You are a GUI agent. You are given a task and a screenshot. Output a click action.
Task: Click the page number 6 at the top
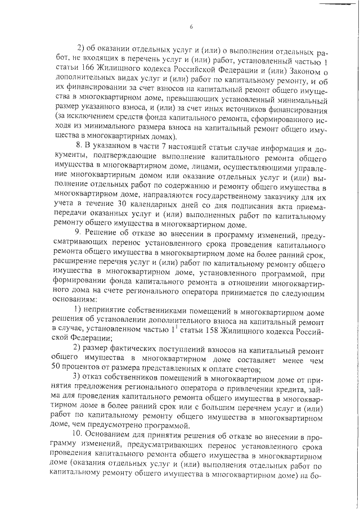(x=191, y=26)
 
